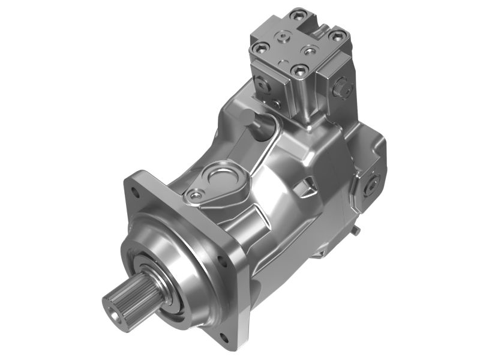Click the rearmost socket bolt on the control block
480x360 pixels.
(295, 14)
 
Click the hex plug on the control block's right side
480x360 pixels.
(344, 88)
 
